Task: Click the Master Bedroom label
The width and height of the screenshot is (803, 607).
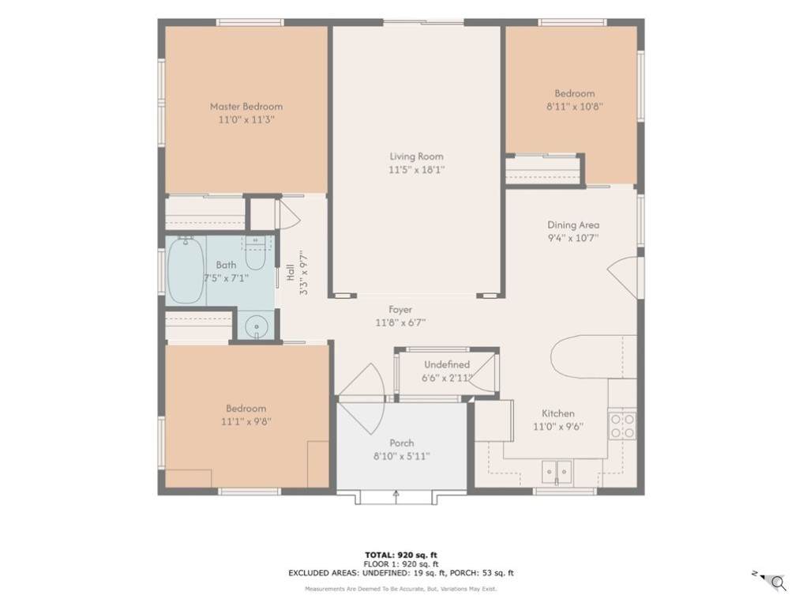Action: pyautogui.click(x=246, y=107)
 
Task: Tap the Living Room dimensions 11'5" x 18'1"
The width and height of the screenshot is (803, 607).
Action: pyautogui.click(x=416, y=170)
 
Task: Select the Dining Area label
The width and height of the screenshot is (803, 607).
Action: pyautogui.click(x=573, y=224)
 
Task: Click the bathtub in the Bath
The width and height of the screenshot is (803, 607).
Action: pyautogui.click(x=186, y=270)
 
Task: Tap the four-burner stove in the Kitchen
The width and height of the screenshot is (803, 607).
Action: pyautogui.click(x=622, y=426)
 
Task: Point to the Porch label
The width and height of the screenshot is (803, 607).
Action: pyautogui.click(x=401, y=443)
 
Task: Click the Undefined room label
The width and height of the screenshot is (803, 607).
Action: pyautogui.click(x=447, y=364)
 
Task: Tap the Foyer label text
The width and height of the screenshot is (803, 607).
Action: pyautogui.click(x=400, y=310)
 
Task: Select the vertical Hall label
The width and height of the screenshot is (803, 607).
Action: pyautogui.click(x=291, y=272)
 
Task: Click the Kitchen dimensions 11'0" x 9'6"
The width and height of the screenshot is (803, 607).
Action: pyautogui.click(x=558, y=427)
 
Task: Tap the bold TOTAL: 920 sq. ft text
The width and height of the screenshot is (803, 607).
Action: pyautogui.click(x=401, y=555)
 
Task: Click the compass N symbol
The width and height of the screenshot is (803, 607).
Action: pyautogui.click(x=755, y=573)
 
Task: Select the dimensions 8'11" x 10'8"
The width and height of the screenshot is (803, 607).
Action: pyautogui.click(x=575, y=107)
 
